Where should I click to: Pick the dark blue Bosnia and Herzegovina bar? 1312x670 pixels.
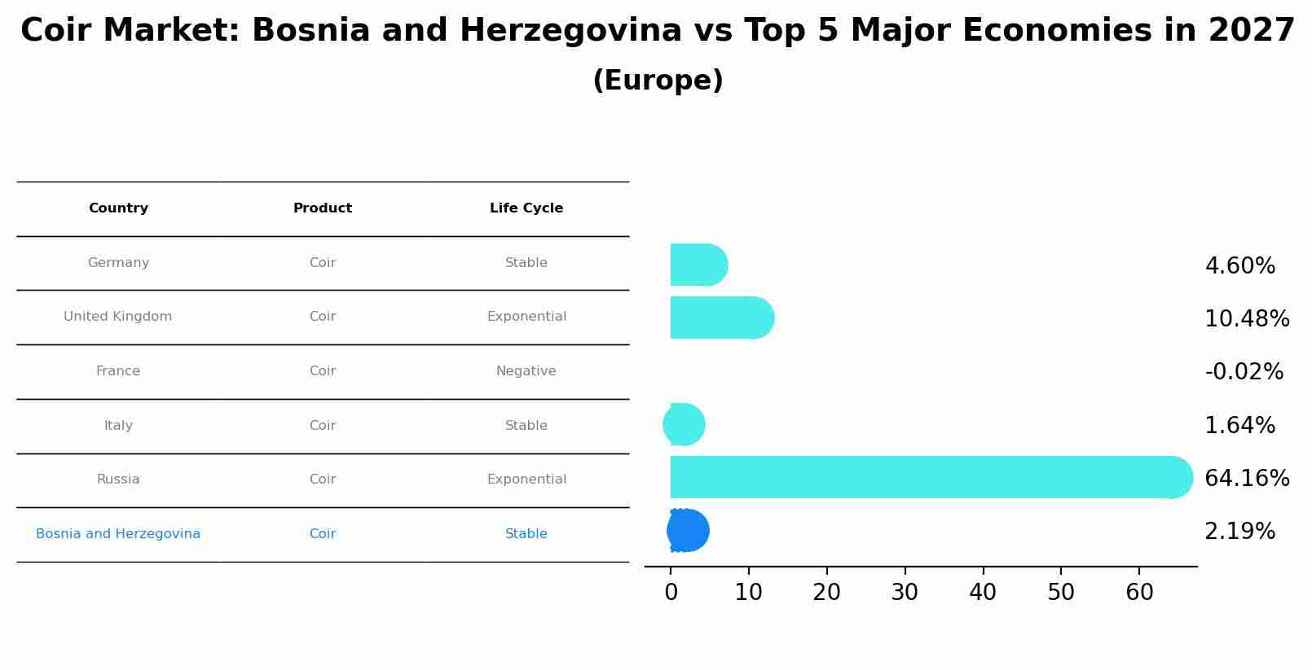(x=688, y=531)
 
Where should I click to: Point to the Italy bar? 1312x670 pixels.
(x=685, y=424)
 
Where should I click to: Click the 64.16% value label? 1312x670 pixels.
(x=1247, y=478)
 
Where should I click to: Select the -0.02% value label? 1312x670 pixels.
(x=1244, y=372)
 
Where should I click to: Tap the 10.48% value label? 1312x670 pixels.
(x=1247, y=318)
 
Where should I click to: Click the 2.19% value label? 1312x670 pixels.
(x=1239, y=532)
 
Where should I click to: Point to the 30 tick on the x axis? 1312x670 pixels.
(x=905, y=593)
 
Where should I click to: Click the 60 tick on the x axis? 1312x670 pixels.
(x=1139, y=593)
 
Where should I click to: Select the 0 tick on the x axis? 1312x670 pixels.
(x=671, y=593)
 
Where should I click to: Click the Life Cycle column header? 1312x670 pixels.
(x=526, y=208)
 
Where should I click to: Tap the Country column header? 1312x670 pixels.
(x=118, y=208)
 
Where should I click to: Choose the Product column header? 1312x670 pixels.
(x=323, y=208)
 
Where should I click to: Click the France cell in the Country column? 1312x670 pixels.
(x=118, y=371)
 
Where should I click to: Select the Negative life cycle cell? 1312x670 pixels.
(x=526, y=371)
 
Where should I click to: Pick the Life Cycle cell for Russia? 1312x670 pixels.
(x=526, y=480)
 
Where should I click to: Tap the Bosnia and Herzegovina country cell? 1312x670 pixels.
(x=118, y=534)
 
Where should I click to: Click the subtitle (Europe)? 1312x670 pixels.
(x=658, y=81)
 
